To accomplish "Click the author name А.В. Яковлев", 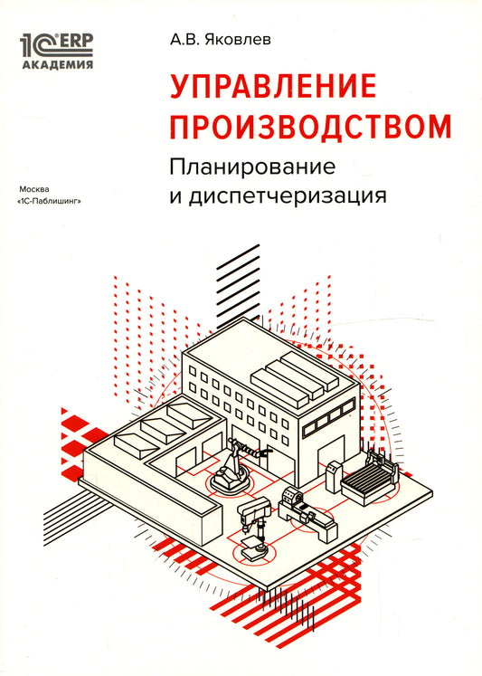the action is [x=221, y=40].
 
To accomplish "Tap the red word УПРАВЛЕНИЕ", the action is [x=273, y=86].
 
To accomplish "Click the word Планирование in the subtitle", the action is [x=252, y=167].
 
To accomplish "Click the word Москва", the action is [x=34, y=189].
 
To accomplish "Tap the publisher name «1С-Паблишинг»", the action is [x=49, y=201].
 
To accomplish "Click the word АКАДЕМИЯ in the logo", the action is [x=57, y=64].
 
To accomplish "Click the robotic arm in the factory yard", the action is [x=238, y=466].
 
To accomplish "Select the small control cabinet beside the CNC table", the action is [x=334, y=476].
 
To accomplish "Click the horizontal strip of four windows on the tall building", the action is [x=328, y=418].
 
